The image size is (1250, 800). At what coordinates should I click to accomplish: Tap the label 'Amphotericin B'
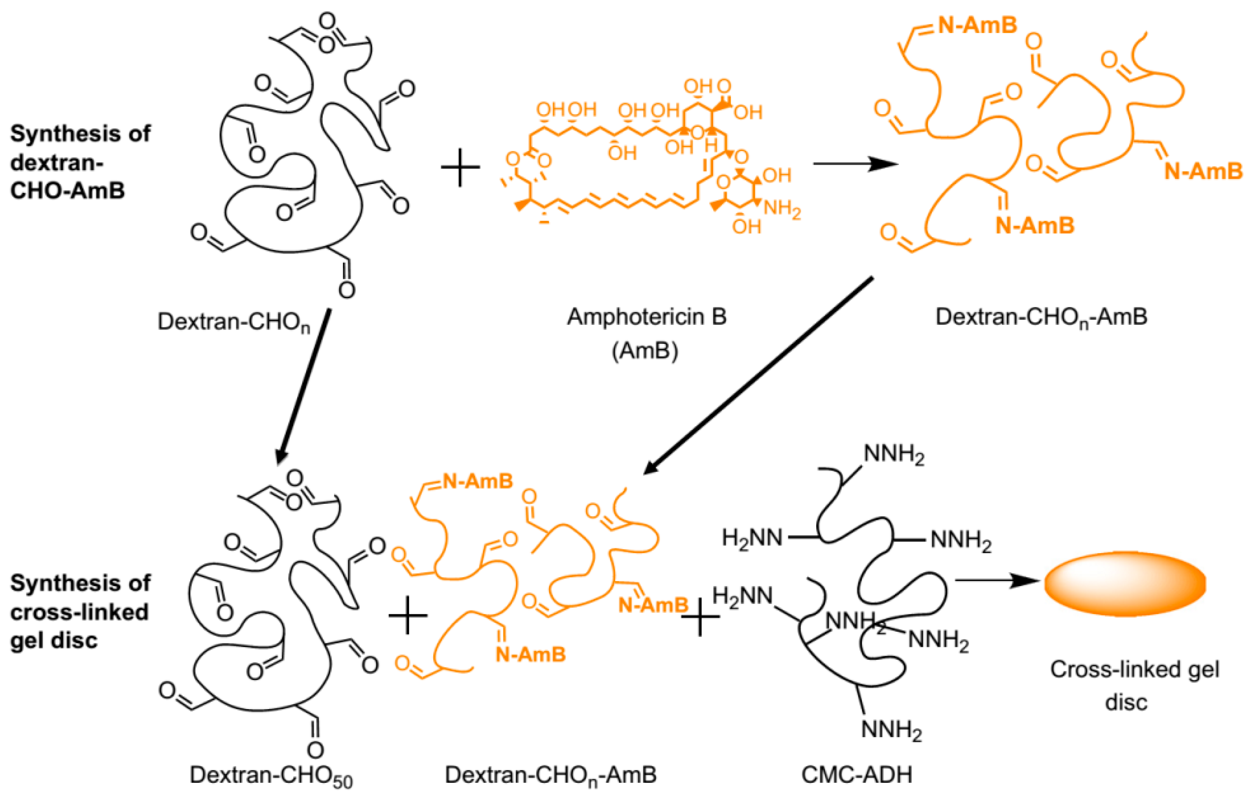[646, 317]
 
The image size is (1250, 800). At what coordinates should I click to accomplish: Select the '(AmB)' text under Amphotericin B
[645, 351]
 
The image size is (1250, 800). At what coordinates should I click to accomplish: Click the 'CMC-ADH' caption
[856, 774]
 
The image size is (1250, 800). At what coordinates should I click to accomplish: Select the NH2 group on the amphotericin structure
[782, 209]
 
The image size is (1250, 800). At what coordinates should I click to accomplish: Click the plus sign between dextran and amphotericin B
[460, 167]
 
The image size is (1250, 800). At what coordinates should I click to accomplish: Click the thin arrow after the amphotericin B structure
[855, 164]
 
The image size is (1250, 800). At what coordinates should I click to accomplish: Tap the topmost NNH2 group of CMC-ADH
[894, 455]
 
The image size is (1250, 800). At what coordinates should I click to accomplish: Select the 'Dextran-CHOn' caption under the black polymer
[234, 322]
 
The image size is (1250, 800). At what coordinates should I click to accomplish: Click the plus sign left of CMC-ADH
[700, 616]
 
